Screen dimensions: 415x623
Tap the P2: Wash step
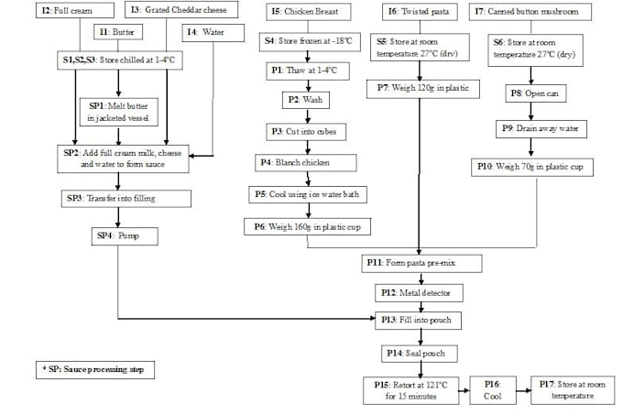point(302,99)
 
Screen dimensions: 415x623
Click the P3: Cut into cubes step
point(302,131)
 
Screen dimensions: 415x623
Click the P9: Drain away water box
point(531,129)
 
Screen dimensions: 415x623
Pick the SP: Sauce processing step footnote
point(96,369)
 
